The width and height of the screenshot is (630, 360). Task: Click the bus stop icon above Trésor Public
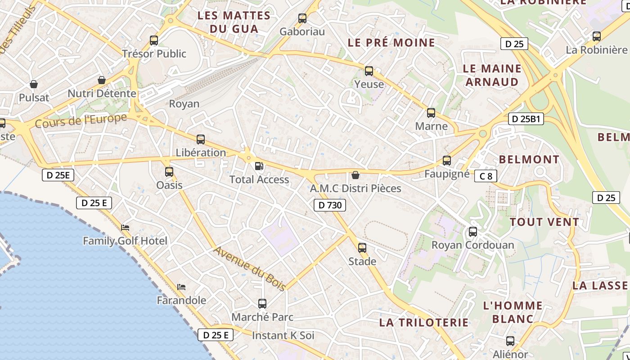click(x=154, y=40)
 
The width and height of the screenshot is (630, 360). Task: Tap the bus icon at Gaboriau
click(x=302, y=18)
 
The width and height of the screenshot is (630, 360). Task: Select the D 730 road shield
click(x=330, y=205)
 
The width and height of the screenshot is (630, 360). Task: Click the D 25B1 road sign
click(x=526, y=119)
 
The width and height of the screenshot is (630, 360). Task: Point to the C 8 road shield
click(x=486, y=176)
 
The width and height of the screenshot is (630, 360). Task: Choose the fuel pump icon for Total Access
click(x=259, y=166)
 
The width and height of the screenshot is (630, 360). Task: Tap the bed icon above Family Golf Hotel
click(x=125, y=228)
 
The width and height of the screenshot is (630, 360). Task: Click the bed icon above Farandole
click(x=181, y=287)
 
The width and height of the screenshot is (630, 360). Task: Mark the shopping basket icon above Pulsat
click(x=34, y=84)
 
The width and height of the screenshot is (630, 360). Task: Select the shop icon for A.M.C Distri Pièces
click(x=355, y=175)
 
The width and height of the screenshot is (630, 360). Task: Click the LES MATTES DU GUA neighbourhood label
click(x=234, y=22)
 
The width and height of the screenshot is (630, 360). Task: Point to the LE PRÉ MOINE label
click(x=391, y=43)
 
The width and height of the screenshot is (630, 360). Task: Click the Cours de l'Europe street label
click(x=81, y=121)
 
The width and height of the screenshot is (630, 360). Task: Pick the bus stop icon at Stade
click(x=362, y=247)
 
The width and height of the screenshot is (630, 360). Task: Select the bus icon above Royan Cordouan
click(x=472, y=232)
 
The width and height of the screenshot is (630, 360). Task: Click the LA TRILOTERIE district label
click(x=424, y=322)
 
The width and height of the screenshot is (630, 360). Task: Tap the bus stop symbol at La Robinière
click(x=597, y=36)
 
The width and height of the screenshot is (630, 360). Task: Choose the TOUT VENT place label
click(x=544, y=222)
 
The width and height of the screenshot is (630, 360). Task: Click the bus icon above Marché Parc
click(x=262, y=303)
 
